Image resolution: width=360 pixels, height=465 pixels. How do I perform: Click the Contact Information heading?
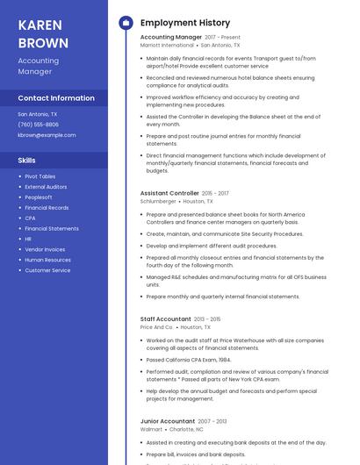coord(56,98)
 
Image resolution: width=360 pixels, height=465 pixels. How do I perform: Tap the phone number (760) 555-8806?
coord(38,125)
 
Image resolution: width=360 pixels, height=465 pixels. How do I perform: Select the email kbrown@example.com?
coord(47,135)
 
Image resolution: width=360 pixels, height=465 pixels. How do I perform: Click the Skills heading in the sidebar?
coord(27,161)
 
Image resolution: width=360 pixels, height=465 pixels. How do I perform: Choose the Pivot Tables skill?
coord(40,176)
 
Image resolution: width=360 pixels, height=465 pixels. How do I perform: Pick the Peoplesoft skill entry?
coord(38,197)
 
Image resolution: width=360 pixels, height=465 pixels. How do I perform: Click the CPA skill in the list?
coord(30,218)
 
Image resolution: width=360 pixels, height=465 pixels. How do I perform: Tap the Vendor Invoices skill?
coord(45,249)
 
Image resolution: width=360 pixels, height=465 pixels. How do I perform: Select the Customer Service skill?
coord(47,270)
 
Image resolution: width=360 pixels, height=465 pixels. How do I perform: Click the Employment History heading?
coord(185,23)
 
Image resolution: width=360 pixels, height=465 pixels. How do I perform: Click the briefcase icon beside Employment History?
coord(125,23)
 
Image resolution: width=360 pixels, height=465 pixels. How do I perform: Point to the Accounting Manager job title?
coord(170,38)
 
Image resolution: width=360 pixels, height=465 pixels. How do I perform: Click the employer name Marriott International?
coord(167,45)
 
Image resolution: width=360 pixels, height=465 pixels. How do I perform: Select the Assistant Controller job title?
coord(169,193)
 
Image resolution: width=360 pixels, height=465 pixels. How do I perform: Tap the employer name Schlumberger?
coord(158,201)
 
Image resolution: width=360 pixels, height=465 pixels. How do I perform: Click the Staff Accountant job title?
coord(165,319)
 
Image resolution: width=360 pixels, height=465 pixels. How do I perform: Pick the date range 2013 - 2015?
coord(207,319)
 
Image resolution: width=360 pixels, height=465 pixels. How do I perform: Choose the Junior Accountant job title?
coord(167,421)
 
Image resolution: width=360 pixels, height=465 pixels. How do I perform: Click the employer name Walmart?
coord(151,429)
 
